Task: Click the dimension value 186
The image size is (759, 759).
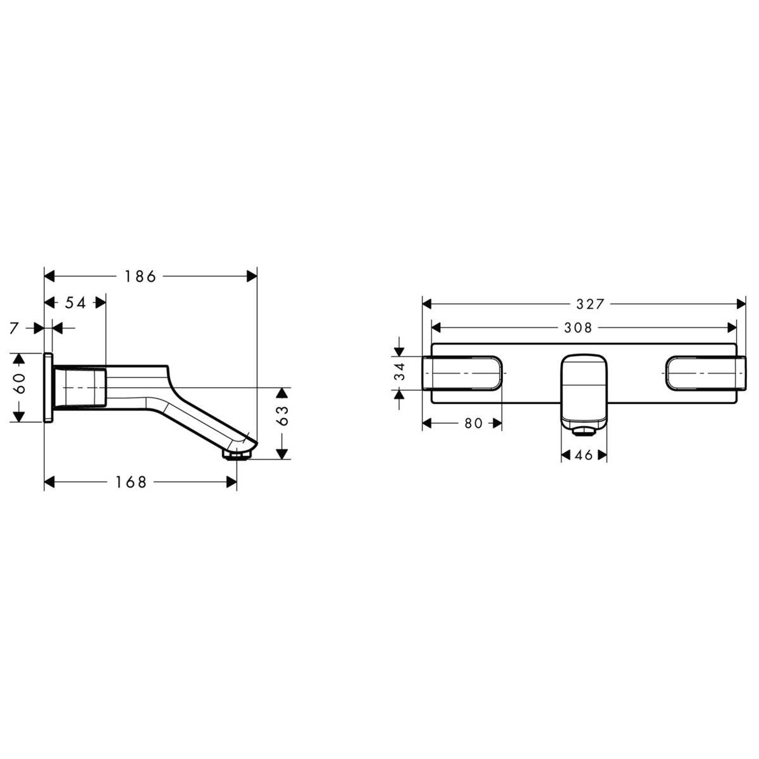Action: (140, 276)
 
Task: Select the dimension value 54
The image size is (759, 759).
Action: (75, 303)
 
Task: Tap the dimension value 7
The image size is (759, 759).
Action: (15, 328)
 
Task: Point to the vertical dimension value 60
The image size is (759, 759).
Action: (20, 384)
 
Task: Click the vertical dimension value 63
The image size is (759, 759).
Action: (283, 416)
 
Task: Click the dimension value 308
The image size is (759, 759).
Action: (578, 328)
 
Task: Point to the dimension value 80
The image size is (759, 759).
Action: (473, 424)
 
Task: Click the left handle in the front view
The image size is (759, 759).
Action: (462, 373)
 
